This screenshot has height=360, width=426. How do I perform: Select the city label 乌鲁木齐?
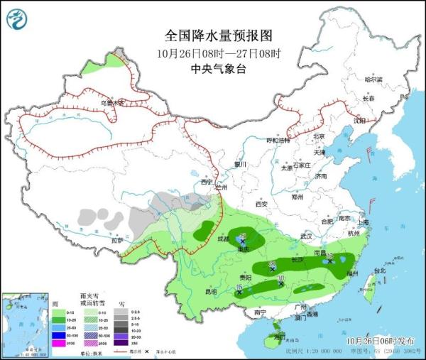click(x=111, y=103)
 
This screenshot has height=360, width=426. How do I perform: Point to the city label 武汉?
click(x=307, y=236)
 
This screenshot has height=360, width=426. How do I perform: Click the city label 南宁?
click(x=260, y=311)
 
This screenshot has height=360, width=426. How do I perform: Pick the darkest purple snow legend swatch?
click(x=123, y=344)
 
